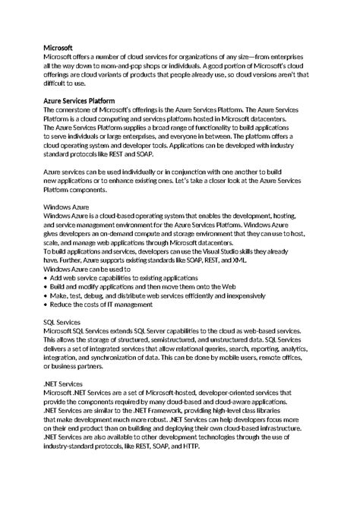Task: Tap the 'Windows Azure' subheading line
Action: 66,207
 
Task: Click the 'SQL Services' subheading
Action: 63,322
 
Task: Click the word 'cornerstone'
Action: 76,109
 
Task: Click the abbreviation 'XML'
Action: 239,260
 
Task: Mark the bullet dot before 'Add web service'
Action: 46,278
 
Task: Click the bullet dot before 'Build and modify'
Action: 46,287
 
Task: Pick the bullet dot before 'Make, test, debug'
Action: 46,295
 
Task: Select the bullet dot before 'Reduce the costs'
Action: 46,304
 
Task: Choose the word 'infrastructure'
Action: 265,428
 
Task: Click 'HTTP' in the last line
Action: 192,446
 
